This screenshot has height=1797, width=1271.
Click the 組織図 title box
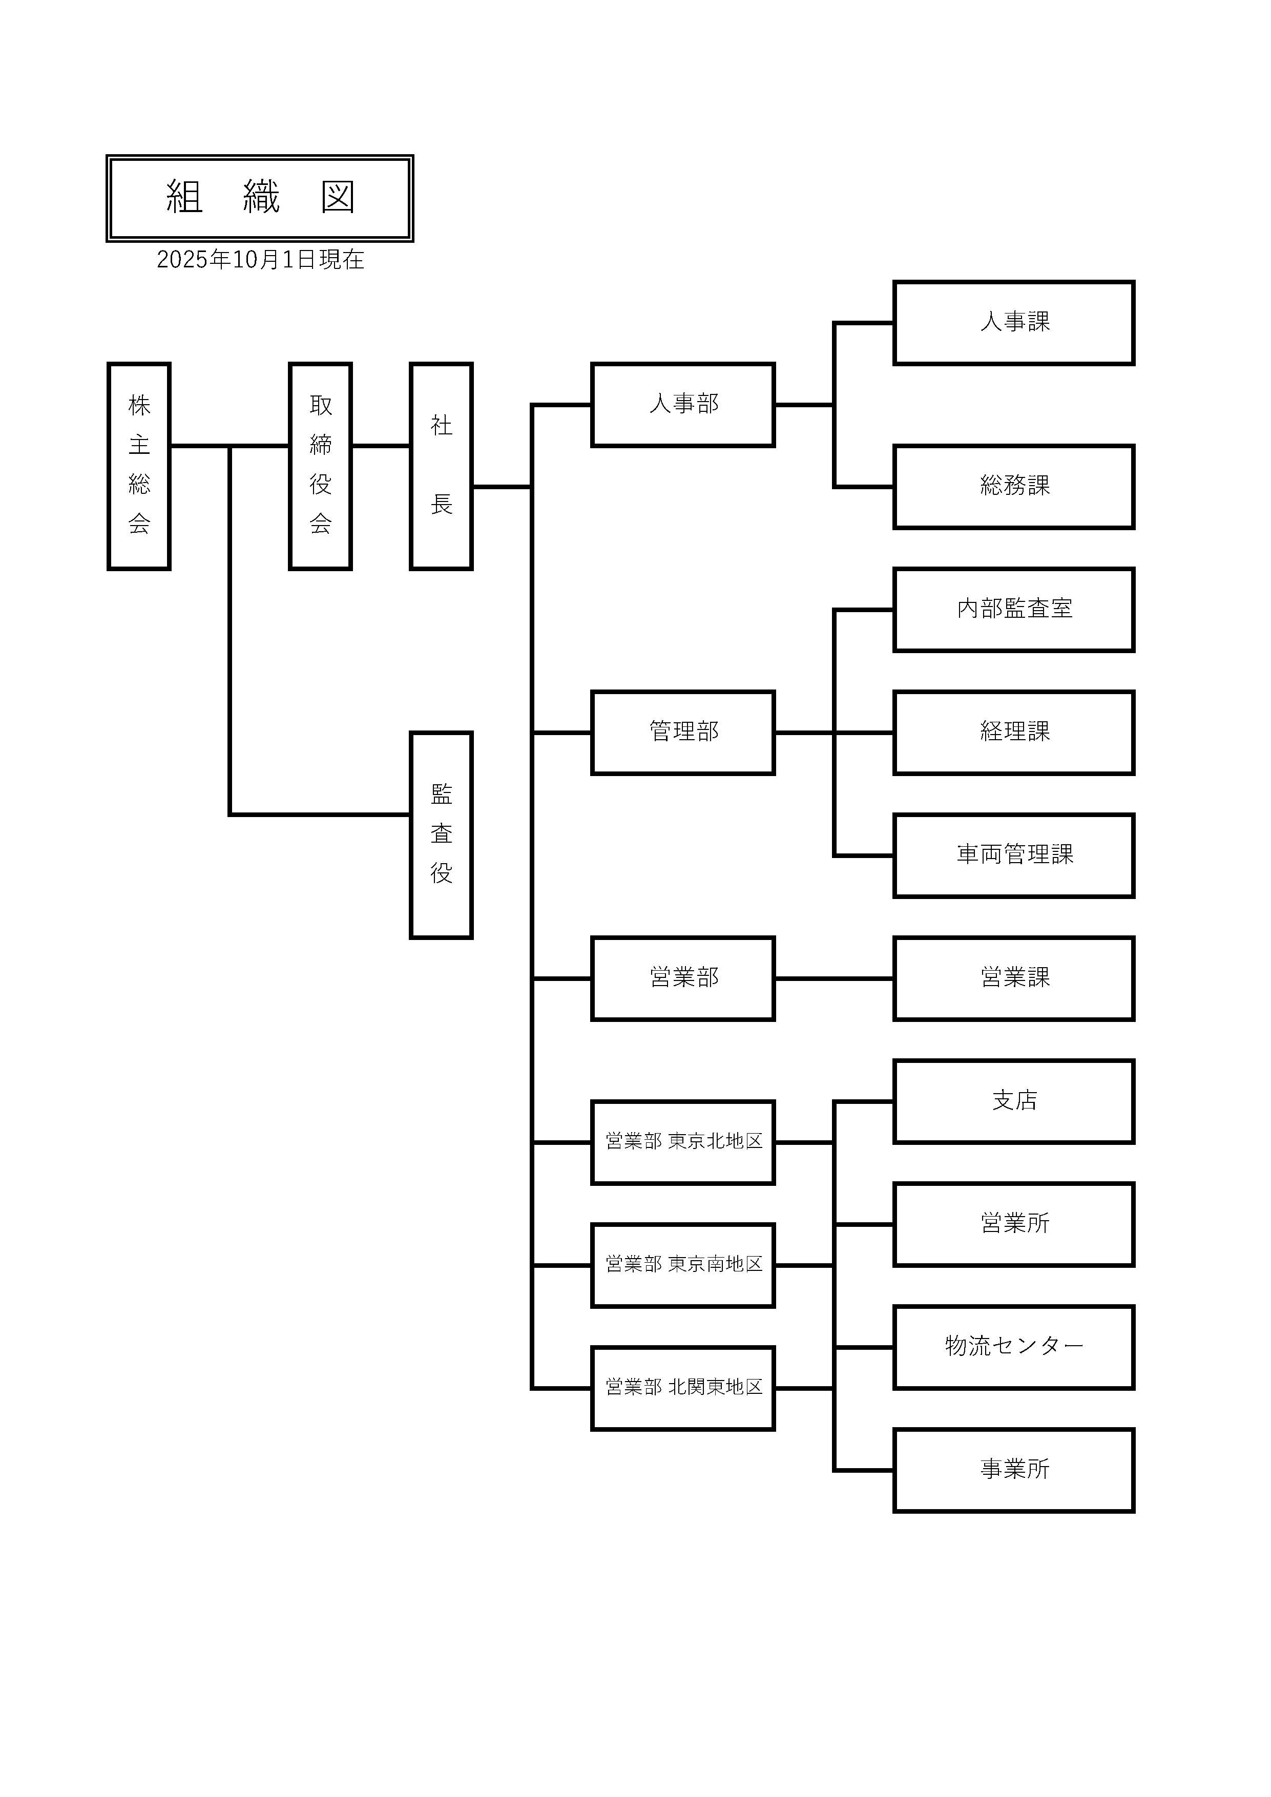[x=259, y=198]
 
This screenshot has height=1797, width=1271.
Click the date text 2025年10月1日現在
[x=260, y=260]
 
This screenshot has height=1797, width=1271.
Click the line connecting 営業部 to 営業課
[x=834, y=978]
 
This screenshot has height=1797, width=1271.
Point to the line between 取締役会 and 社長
[x=380, y=446]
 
